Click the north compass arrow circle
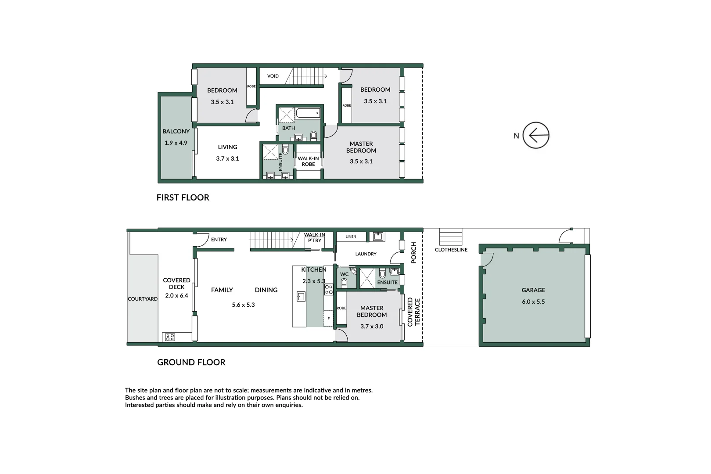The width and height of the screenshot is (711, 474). [x=536, y=135]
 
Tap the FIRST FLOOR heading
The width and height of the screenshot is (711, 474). [x=183, y=197]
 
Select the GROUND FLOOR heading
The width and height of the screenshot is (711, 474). [x=191, y=362]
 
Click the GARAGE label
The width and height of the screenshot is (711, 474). [x=533, y=290]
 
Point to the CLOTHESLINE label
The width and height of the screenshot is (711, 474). [x=451, y=250]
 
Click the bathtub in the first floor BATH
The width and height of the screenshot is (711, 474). [x=308, y=113]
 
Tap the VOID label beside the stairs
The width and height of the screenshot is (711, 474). [x=273, y=76]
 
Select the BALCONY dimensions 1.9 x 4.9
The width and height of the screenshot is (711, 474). [x=176, y=143]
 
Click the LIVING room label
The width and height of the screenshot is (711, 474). [x=227, y=147]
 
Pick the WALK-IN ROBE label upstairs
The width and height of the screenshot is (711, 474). [x=308, y=161]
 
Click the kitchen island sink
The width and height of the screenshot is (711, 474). [x=301, y=297]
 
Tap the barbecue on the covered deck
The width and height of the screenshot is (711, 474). [x=170, y=337]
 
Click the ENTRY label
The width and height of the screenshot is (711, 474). [x=219, y=240]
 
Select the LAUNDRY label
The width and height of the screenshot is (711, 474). [x=366, y=254]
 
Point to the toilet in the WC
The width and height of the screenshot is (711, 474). [x=344, y=282]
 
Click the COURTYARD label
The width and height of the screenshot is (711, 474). [x=142, y=299]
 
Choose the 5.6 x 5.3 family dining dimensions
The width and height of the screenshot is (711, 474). [x=243, y=305]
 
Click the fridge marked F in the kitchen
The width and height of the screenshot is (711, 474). [x=328, y=318]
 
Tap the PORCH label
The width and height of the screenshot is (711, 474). [x=413, y=252]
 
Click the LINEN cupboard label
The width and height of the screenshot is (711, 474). [x=351, y=237]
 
